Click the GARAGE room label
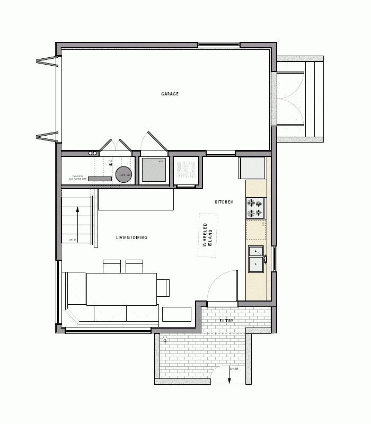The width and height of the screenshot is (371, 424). point(170,94)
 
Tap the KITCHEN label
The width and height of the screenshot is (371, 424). point(224,202)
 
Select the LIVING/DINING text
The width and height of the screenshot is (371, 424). point(131,237)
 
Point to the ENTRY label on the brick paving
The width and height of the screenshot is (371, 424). point(226,321)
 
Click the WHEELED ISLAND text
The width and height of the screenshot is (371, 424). point(207,235)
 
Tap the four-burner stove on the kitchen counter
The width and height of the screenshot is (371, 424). point(255,208)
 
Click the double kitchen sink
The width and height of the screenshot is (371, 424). point(256,259)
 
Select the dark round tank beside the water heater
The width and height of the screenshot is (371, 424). point(124,176)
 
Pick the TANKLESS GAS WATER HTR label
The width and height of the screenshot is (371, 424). point(75,178)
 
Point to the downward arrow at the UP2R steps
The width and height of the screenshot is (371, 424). point(229,377)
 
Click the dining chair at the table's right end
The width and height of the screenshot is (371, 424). point(163,288)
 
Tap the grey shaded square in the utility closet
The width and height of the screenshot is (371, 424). point(154,170)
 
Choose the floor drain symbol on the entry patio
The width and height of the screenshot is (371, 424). point(165,340)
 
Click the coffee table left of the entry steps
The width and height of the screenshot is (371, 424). point(176,315)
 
